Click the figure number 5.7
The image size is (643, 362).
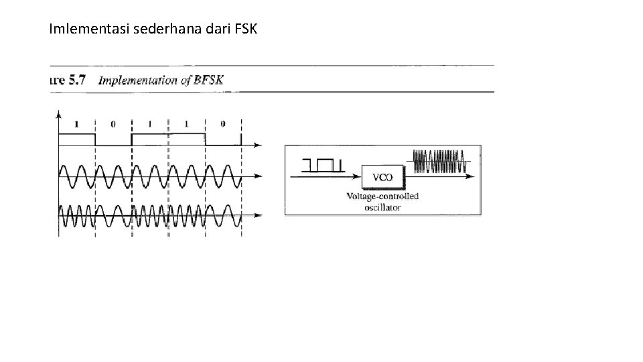(x=77, y=80)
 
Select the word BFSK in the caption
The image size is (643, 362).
(x=208, y=80)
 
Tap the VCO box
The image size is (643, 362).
(x=382, y=177)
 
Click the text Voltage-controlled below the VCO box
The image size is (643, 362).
(x=382, y=196)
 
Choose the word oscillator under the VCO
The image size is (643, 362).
(x=382, y=207)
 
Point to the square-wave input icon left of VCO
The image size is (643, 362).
(x=322, y=164)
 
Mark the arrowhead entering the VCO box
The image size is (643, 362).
(x=358, y=177)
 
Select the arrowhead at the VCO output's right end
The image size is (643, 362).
(x=476, y=177)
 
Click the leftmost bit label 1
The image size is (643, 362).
(x=76, y=124)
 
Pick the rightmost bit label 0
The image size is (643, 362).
(x=223, y=124)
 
